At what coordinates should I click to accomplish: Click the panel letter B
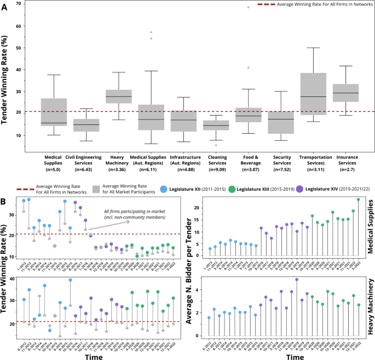(x=4, y=202)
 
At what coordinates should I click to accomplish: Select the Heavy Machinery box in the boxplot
(x=118, y=96)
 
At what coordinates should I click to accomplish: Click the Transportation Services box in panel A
(x=313, y=94)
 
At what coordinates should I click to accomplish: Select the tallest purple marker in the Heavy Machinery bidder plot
(x=297, y=279)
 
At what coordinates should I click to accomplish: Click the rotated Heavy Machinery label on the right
(x=370, y=308)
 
